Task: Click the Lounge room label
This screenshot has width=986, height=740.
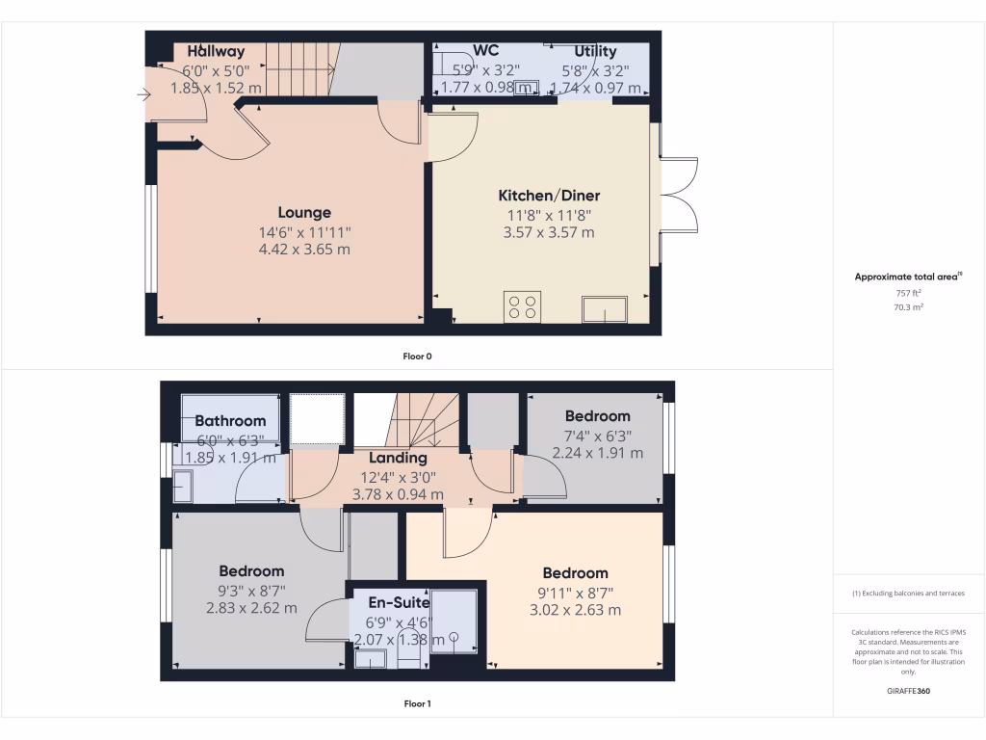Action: pyautogui.click(x=304, y=213)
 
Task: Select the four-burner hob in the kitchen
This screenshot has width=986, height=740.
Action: pyautogui.click(x=522, y=306)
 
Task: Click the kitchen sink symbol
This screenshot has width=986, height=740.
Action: pyautogui.click(x=605, y=309)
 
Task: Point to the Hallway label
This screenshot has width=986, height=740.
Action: pyautogui.click(x=216, y=51)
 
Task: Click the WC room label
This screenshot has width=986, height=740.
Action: pyautogui.click(x=485, y=51)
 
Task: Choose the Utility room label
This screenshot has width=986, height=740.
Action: pyautogui.click(x=595, y=51)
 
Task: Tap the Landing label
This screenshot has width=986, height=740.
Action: pyautogui.click(x=398, y=458)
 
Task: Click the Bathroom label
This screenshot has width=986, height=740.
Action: pyautogui.click(x=230, y=421)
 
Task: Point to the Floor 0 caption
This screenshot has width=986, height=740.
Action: pyautogui.click(x=417, y=357)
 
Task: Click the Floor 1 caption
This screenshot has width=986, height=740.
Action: pyautogui.click(x=417, y=703)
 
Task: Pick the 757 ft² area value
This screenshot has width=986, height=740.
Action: pyautogui.click(x=908, y=292)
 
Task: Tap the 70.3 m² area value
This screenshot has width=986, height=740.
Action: pyautogui.click(x=908, y=306)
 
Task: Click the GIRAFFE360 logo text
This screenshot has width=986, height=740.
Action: pyautogui.click(x=908, y=691)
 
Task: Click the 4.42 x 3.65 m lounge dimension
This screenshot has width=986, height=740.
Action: pyautogui.click(x=304, y=249)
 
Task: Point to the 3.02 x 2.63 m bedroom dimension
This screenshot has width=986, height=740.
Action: pyautogui.click(x=575, y=610)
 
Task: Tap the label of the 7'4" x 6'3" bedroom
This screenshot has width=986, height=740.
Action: pyautogui.click(x=597, y=416)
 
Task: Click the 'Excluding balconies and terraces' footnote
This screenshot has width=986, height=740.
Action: pyautogui.click(x=908, y=594)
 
